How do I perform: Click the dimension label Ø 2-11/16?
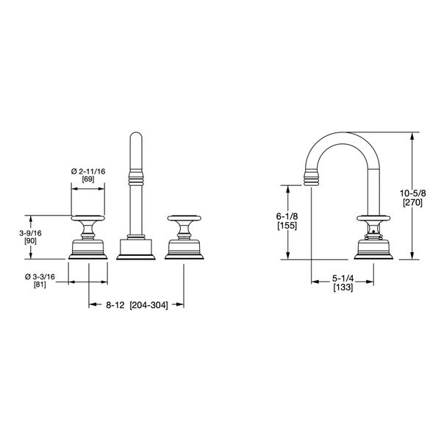[x=89, y=171]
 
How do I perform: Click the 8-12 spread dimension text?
[x=113, y=304]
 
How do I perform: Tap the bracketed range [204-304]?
[x=149, y=304]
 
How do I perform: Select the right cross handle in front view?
[x=183, y=218]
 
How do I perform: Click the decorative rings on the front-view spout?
[x=136, y=178]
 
